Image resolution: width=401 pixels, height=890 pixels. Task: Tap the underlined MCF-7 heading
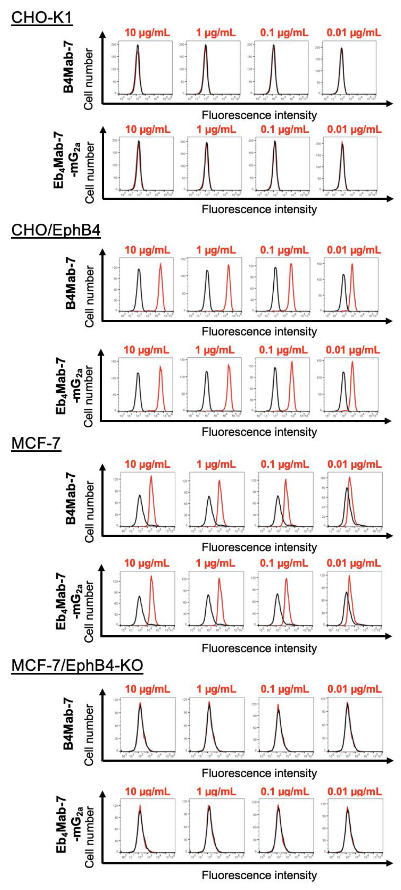click(36, 443)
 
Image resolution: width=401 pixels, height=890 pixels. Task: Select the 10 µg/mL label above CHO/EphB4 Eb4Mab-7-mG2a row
click(146, 350)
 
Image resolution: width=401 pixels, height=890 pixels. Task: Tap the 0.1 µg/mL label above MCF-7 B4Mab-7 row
click(284, 464)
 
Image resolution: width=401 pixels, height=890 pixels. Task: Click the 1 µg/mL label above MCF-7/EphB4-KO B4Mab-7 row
click(216, 689)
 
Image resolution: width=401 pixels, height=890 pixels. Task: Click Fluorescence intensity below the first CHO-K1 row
click(259, 115)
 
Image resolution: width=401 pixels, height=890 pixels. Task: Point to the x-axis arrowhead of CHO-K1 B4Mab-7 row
click(390, 103)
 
